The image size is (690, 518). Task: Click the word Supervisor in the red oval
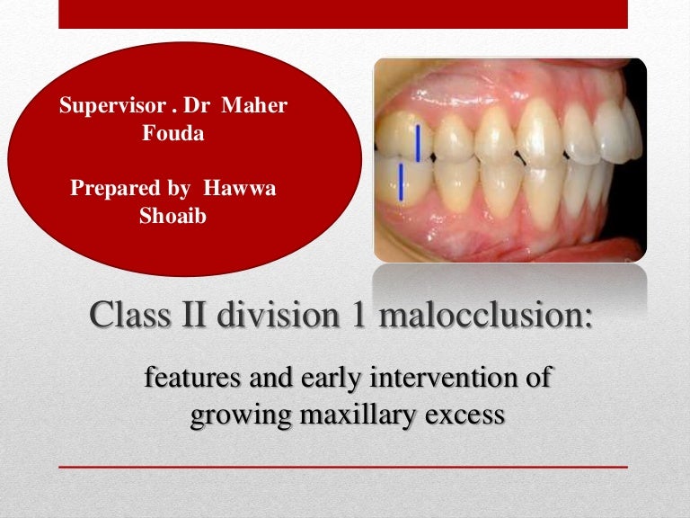(112, 106)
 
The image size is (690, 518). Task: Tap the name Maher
(254, 105)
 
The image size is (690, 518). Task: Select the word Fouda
(173, 133)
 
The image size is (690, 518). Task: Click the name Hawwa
(239, 188)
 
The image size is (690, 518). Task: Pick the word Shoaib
(172, 216)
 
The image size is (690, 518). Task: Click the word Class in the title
(129, 315)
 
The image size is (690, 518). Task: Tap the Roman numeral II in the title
(193, 315)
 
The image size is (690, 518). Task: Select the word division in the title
(279, 315)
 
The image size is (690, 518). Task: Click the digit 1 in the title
(359, 315)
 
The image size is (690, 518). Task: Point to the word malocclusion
(485, 315)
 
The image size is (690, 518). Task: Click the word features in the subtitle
(193, 378)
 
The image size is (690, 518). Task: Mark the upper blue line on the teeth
(418, 142)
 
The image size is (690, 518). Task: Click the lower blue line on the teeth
(401, 182)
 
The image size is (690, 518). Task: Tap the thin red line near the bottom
(343, 467)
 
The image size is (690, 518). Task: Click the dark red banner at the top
(343, 14)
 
